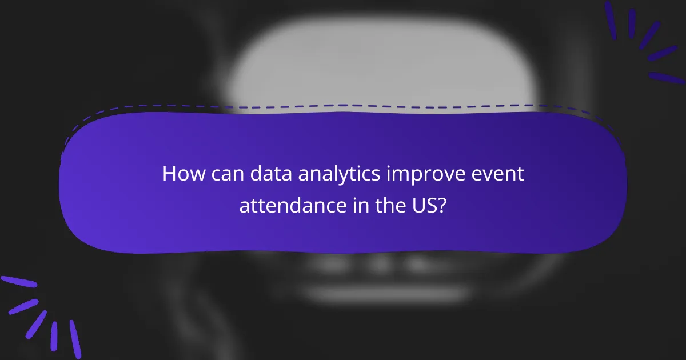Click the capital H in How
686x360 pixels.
[169, 174]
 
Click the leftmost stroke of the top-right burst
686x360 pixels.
[610, 20]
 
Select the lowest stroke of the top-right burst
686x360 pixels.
[667, 78]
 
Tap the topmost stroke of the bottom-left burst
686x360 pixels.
[18, 282]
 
